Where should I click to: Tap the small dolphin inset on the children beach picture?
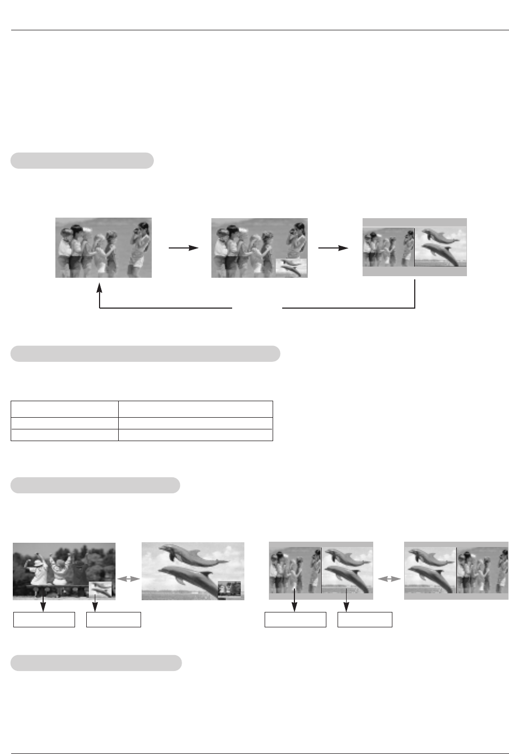[291, 267]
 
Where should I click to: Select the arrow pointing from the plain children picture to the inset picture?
[183, 248]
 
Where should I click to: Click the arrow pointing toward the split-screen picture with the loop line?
[333, 248]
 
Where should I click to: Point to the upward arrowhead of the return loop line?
[100, 289]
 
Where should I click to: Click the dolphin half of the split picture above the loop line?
[440, 247]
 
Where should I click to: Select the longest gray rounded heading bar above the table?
[145, 354]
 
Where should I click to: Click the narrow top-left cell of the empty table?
[64, 409]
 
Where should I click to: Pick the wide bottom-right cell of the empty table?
[195, 435]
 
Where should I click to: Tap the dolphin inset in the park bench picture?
[101, 589]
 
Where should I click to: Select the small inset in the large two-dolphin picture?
[229, 589]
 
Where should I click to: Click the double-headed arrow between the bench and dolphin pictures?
[128, 579]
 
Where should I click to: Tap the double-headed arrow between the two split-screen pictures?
[389, 579]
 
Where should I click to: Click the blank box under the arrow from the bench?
[44, 619]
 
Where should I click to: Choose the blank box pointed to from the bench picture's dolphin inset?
[113, 619]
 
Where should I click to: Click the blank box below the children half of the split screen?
[295, 619]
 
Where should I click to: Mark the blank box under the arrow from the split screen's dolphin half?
[365, 619]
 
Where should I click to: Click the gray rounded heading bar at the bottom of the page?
[96, 663]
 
